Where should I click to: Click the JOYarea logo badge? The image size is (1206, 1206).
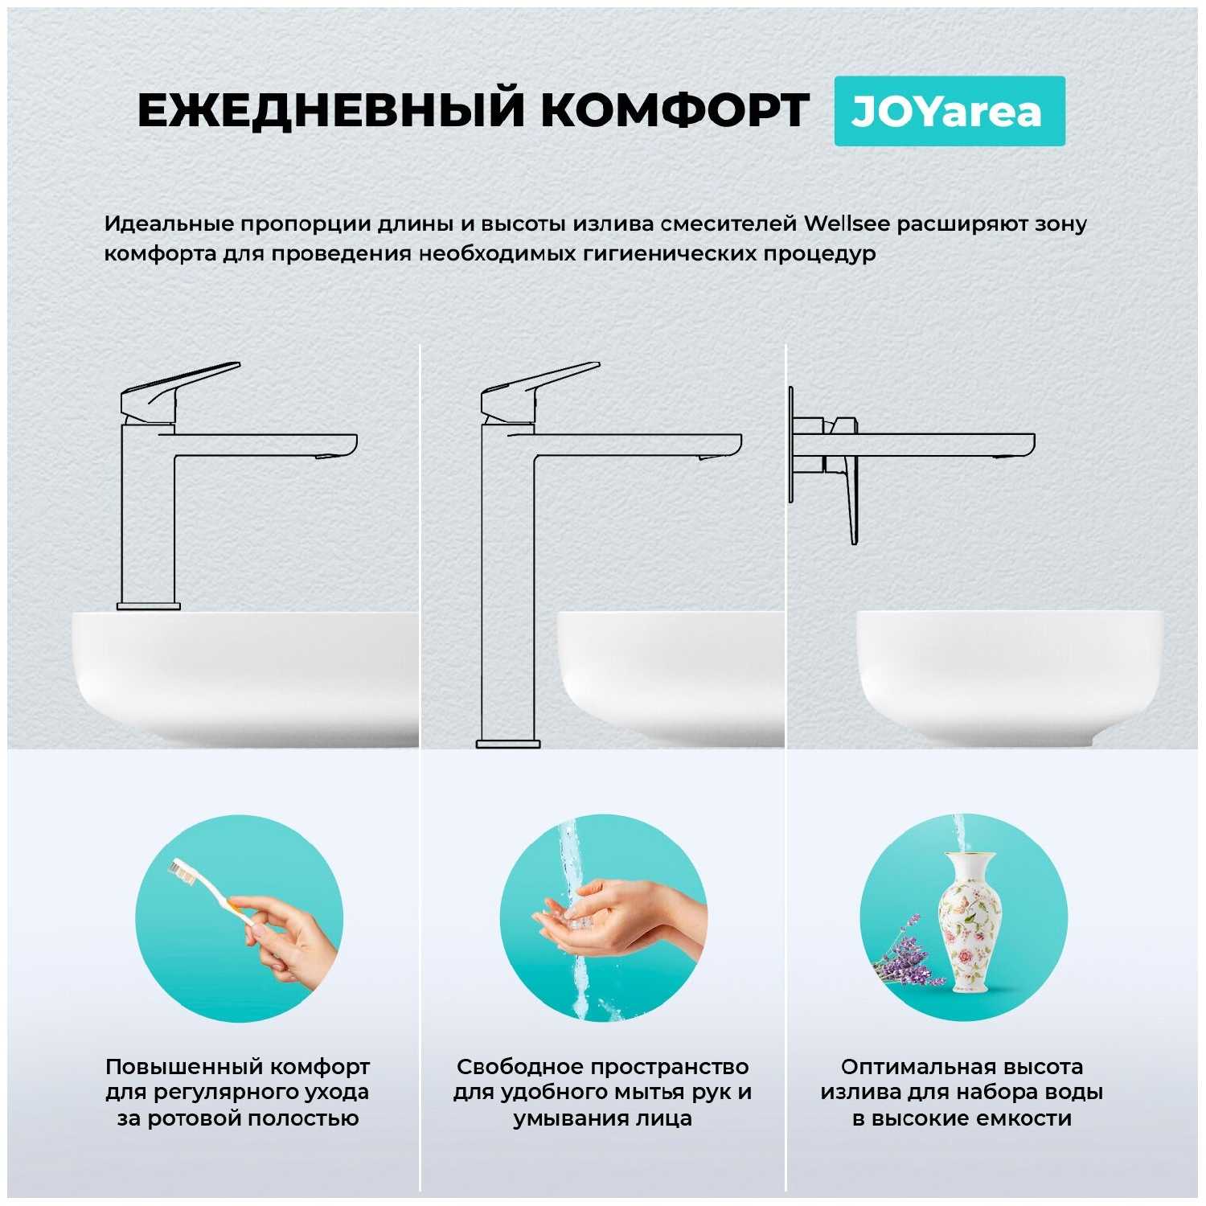950,111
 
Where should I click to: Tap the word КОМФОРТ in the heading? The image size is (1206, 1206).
675,110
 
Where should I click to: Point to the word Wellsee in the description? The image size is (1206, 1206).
847,224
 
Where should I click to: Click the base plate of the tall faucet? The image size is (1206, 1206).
508,744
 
